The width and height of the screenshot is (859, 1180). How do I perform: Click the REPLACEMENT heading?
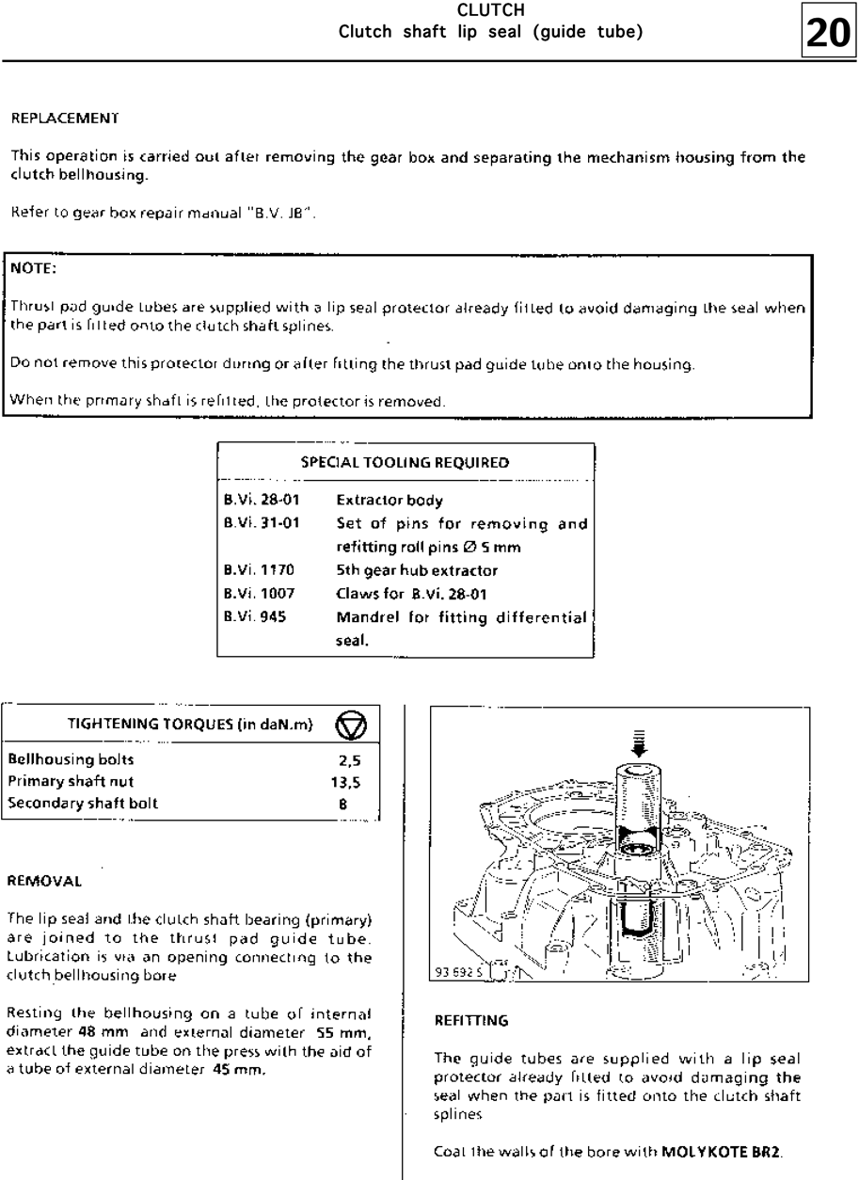click(64, 120)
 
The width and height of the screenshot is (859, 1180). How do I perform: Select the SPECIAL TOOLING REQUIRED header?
click(405, 462)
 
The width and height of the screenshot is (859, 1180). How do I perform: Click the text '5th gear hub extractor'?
click(417, 570)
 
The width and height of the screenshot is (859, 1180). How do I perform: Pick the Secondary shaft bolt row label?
click(83, 803)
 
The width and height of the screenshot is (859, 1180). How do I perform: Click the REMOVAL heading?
click(44, 883)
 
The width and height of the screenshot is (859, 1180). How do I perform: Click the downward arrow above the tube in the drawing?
click(641, 743)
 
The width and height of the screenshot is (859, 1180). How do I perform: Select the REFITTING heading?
click(471, 1019)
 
